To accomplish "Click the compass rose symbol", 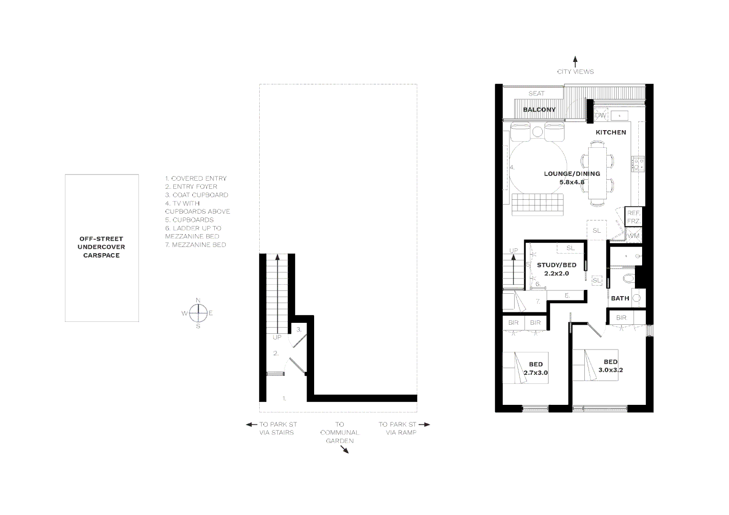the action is [x=198, y=313].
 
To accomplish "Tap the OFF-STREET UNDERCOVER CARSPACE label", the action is [x=101, y=247].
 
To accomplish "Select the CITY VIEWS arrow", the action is [x=575, y=62].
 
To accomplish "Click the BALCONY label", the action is [x=539, y=110].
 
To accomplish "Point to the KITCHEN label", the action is [x=611, y=133].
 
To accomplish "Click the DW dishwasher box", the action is [x=601, y=115].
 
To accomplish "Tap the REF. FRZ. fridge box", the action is [x=634, y=217].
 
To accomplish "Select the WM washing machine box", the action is [x=634, y=235].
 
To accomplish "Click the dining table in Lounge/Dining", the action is [x=597, y=173].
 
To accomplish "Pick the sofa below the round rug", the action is [x=537, y=205].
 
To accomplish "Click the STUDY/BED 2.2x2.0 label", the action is [x=557, y=269].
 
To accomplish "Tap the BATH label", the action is [x=620, y=298].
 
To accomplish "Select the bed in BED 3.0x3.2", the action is [x=595, y=365].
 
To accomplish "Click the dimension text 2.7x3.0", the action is [x=535, y=373].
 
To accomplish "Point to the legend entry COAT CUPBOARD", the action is [x=197, y=195].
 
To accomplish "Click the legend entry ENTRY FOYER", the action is [x=191, y=186].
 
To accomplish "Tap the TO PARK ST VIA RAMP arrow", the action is [x=424, y=424].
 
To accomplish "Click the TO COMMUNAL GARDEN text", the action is [x=340, y=433].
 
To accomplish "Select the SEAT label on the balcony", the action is [x=536, y=93].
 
